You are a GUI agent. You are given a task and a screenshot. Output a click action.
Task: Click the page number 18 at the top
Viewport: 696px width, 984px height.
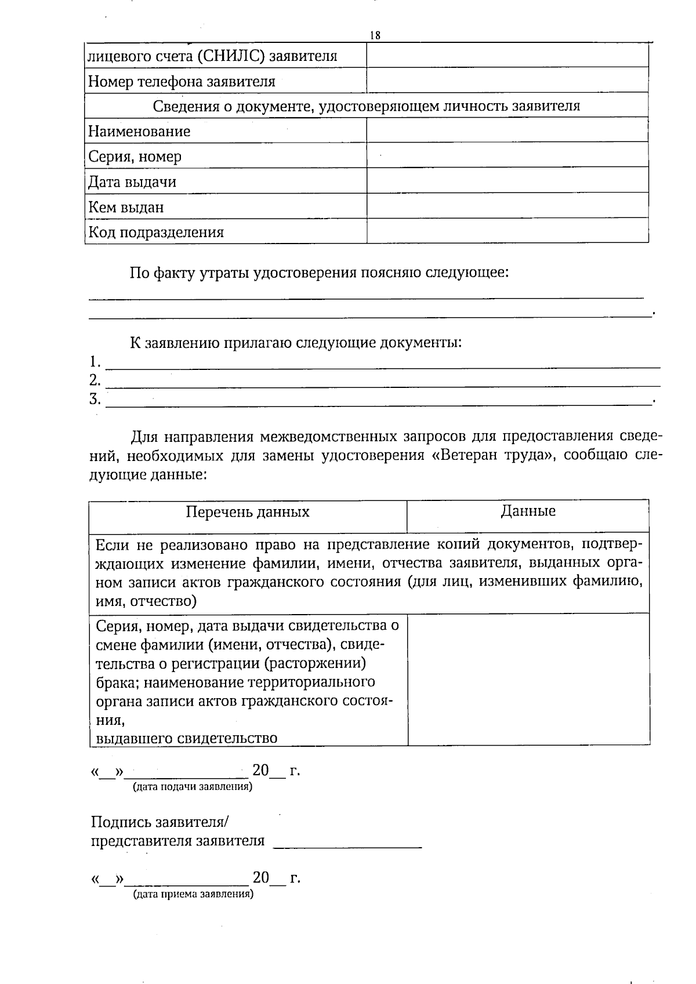click(x=375, y=35)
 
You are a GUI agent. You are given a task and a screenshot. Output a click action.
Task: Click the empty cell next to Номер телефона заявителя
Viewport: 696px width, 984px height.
click(x=507, y=81)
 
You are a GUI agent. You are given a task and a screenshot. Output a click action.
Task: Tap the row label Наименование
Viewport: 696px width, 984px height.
click(x=139, y=132)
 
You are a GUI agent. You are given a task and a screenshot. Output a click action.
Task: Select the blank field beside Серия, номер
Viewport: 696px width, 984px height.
click(x=507, y=156)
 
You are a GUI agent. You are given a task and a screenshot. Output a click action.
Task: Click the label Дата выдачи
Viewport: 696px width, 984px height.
click(x=132, y=182)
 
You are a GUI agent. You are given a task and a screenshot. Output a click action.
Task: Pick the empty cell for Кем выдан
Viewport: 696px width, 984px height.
click(x=507, y=206)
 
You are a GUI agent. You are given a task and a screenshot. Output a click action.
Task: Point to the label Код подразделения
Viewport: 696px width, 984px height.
click(x=156, y=233)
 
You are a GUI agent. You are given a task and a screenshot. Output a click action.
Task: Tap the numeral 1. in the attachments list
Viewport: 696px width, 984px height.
click(x=95, y=362)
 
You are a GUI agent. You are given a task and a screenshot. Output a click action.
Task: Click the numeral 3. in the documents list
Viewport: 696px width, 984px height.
click(x=95, y=399)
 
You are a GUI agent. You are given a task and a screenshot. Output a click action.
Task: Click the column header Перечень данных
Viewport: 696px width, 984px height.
click(x=248, y=512)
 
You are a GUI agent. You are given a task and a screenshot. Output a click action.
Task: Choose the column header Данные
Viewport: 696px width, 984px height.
click(x=528, y=511)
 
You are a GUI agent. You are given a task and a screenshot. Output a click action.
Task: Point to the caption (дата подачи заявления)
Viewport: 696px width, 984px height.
click(x=192, y=787)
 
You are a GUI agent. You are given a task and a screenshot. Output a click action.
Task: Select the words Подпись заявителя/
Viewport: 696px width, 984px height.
click(x=160, y=822)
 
